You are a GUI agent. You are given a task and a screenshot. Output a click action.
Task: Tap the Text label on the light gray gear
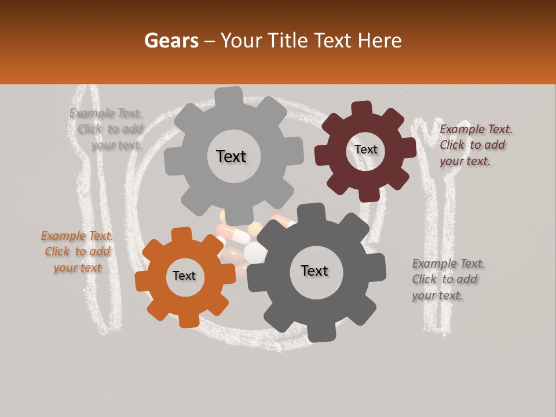[231, 156]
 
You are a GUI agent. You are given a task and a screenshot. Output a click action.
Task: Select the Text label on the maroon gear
[365, 149]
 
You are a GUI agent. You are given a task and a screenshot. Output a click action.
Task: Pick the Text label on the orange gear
[184, 276]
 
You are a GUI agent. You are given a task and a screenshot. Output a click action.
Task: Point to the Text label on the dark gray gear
[314, 271]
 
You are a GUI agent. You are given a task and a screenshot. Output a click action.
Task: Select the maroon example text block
[475, 145]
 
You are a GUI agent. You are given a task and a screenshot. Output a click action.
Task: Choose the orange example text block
[76, 251]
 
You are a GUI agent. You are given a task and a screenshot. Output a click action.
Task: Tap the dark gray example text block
[448, 279]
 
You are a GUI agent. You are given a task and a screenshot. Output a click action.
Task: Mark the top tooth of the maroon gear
[361, 108]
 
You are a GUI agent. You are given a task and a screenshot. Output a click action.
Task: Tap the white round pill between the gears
[255, 251]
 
